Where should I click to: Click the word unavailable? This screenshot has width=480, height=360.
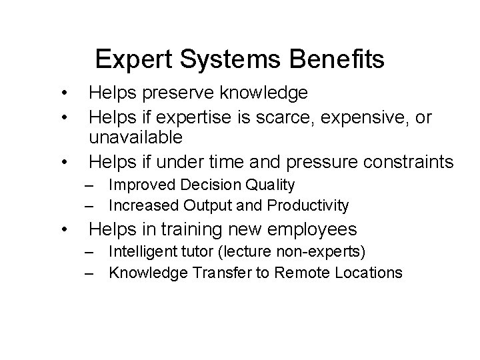(135, 138)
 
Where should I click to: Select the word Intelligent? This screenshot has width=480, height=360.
(139, 252)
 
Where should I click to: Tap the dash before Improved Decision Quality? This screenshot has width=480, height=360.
(89, 185)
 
